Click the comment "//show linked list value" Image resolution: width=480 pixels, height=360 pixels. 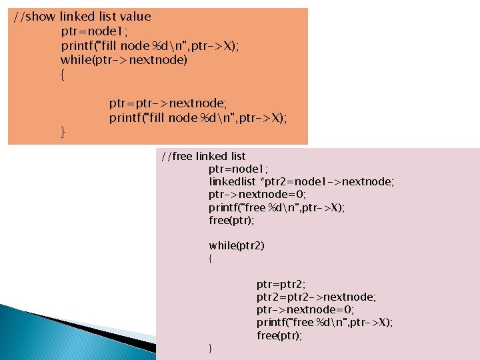click(83, 17)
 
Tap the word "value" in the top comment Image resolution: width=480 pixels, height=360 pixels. click(135, 17)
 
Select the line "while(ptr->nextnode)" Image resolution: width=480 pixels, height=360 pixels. click(124, 61)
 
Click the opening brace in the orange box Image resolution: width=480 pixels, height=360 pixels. click(63, 75)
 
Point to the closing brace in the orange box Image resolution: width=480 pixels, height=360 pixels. click(63, 133)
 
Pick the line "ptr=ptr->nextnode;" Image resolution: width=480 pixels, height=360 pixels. click(168, 103)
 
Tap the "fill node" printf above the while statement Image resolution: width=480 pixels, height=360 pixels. click(150, 46)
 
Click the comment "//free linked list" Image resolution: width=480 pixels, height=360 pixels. click(203, 156)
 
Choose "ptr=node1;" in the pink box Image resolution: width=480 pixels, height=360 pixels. click(237, 169)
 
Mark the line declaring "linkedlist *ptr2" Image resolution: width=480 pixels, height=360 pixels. click(301, 181)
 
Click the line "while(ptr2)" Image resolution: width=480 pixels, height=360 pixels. click(237, 245)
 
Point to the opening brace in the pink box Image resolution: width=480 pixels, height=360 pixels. click(210, 258)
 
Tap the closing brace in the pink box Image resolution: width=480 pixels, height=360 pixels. click(210, 348)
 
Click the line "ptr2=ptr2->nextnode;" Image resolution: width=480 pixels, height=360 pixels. click(316, 297)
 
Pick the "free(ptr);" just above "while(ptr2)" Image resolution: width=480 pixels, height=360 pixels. click(231, 220)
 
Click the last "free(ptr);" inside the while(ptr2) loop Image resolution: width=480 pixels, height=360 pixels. click(279, 335)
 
